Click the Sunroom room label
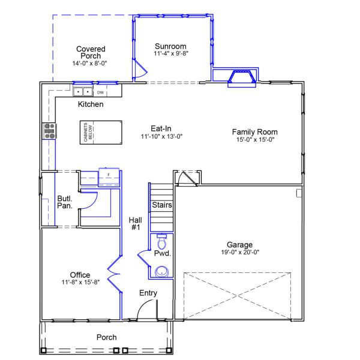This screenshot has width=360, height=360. tap(170, 46)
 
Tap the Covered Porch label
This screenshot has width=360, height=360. tap(91, 53)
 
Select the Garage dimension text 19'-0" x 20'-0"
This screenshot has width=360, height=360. tap(239, 253)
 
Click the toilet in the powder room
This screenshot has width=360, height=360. tap(161, 242)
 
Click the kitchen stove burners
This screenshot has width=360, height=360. tap(49, 131)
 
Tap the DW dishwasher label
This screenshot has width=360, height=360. tap(100, 92)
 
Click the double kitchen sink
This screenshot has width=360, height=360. tap(83, 92)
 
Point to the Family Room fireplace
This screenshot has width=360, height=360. tap(242, 78)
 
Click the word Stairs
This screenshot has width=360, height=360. tap(162, 205)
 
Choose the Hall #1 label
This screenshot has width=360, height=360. tap(135, 224)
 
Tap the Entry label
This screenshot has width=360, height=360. tap(148, 293)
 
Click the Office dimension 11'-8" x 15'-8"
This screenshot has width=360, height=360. tap(80, 283)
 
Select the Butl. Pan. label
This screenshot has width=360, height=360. tap(65, 202)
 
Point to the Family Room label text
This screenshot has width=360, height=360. tap(254, 132)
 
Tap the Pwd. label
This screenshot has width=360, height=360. tap(163, 254)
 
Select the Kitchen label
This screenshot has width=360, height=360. tap(91, 104)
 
